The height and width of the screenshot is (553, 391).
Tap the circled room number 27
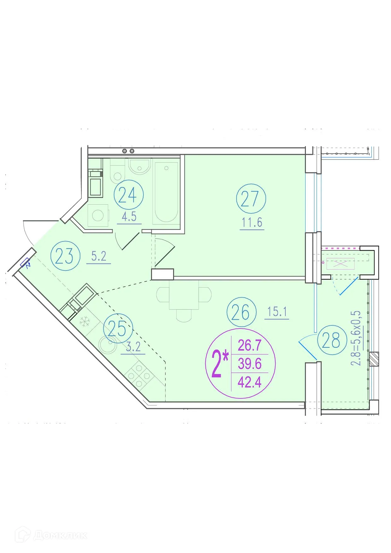251,199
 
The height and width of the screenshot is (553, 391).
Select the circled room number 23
65,256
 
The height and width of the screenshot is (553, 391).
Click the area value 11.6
252,223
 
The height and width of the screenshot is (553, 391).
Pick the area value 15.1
277,312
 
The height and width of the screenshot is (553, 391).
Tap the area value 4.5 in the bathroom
129,217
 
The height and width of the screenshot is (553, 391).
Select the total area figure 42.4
249,382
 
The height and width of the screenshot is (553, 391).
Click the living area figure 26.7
249,346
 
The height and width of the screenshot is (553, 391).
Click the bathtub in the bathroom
166,192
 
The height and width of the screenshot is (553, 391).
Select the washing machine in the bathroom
98,216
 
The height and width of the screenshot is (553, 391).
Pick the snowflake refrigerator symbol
85,322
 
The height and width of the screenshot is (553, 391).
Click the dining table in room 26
184,295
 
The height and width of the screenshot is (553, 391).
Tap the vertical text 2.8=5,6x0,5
356,338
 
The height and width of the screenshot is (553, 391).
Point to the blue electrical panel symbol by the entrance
25,263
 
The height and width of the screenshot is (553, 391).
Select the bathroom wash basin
139,167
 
